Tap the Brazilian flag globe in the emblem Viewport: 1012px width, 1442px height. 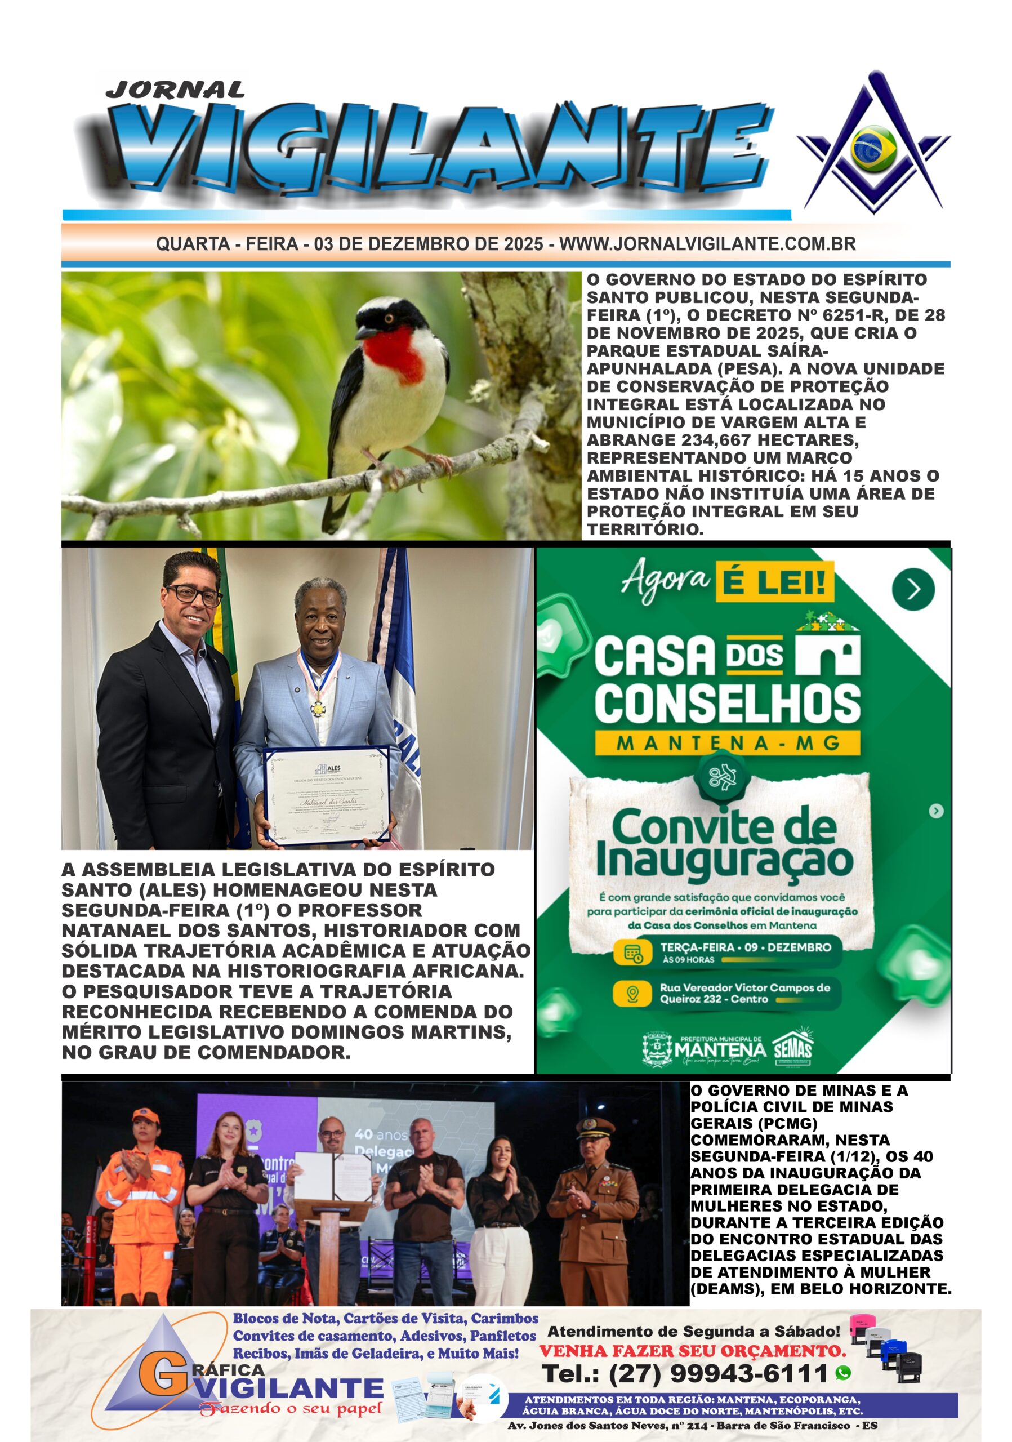(x=873, y=148)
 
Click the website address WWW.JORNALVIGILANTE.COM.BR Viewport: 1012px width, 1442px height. (x=707, y=244)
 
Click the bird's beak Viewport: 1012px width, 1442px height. (x=363, y=329)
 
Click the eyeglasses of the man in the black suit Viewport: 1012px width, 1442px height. (x=193, y=594)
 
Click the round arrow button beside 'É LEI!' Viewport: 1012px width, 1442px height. (x=913, y=589)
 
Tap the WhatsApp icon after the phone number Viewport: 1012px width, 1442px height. (x=843, y=1373)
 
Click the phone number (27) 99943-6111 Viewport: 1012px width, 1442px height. (x=685, y=1373)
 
